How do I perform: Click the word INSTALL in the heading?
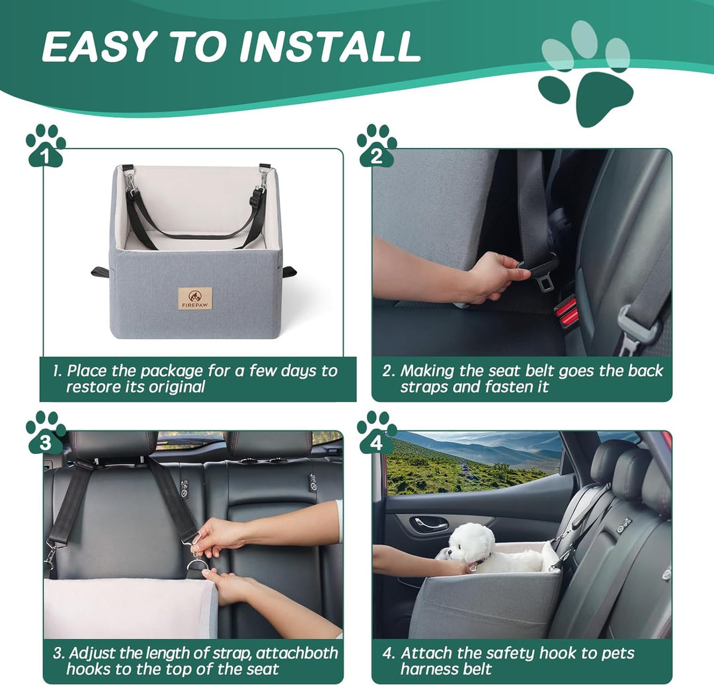coord(331,46)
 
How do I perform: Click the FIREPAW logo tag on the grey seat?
coord(196,298)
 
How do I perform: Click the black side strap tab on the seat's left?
coord(100,272)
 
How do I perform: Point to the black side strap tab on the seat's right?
coord(289,272)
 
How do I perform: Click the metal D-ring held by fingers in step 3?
coord(196,566)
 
